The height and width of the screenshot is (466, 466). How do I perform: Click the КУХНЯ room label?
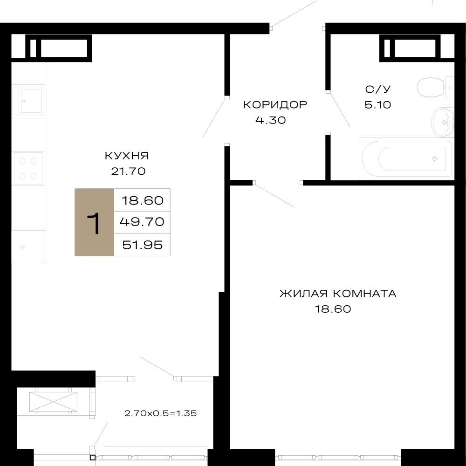[x=127, y=156]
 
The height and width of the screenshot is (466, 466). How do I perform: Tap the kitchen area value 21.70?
[x=128, y=171]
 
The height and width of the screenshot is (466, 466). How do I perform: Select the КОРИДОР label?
[x=275, y=104]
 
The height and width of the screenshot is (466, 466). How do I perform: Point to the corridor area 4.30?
[x=270, y=120]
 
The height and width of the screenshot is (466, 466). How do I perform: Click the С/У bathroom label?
[x=378, y=89]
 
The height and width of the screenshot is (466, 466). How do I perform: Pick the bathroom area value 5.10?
[x=378, y=104]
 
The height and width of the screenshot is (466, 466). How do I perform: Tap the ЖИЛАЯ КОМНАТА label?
[x=338, y=294]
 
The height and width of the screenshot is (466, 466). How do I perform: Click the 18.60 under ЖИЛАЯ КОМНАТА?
[x=333, y=309]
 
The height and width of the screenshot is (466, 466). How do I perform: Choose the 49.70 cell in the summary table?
[x=142, y=222]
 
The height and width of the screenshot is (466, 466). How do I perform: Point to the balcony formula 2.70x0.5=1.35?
[x=161, y=413]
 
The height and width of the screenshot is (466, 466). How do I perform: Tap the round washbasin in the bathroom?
[x=443, y=122]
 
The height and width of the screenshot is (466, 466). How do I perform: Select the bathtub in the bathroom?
[x=406, y=159]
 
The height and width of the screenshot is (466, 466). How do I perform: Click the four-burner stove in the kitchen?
[x=28, y=169]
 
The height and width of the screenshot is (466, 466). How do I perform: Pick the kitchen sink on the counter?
[x=28, y=100]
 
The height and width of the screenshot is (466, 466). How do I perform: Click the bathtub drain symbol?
[x=434, y=159]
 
